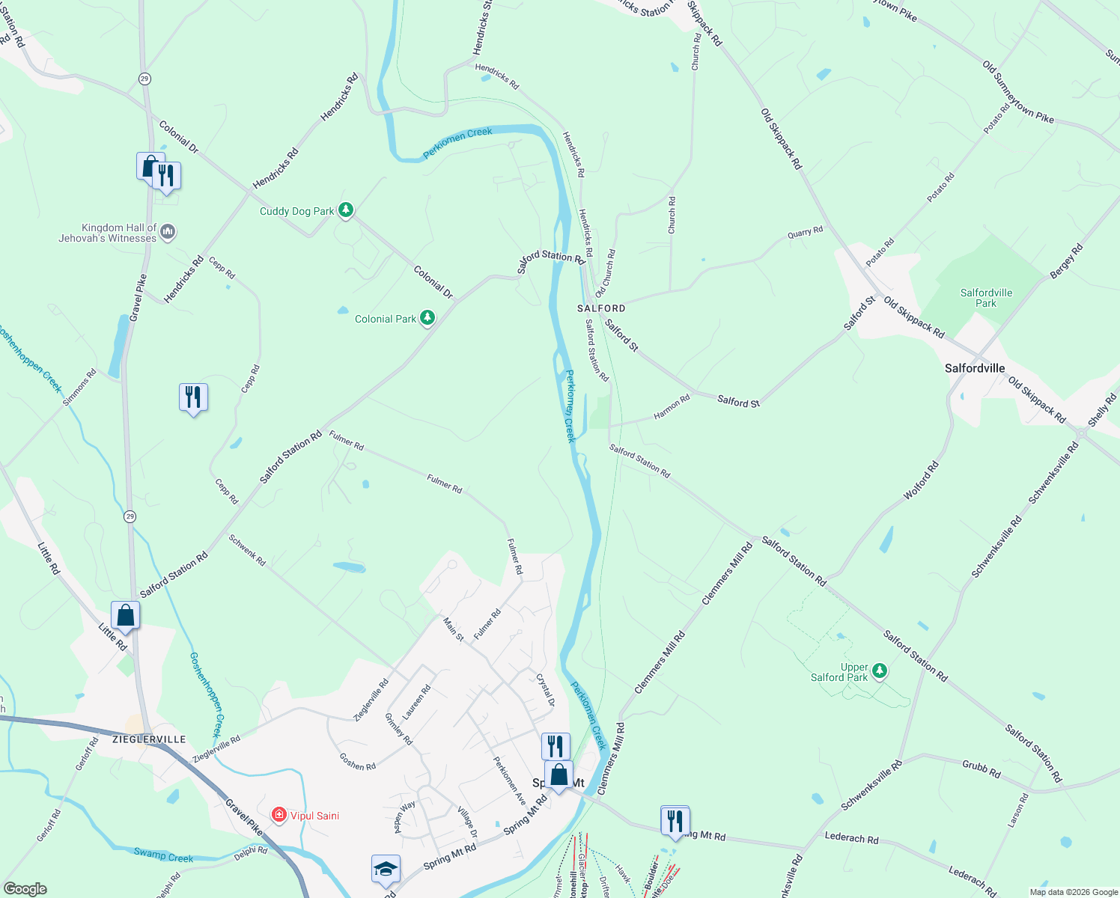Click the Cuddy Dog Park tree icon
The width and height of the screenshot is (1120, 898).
345,210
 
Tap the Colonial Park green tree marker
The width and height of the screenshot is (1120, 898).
427,319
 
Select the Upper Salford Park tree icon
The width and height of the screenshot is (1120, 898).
880,671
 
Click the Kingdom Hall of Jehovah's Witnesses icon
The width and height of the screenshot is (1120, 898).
168,232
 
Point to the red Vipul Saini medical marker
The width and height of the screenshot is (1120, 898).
279,815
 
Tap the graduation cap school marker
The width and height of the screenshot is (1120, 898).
386,870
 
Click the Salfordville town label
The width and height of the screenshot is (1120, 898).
974,368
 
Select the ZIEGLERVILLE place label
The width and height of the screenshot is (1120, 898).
149,739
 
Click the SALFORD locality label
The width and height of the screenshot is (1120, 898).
601,308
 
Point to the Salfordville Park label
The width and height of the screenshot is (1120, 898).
986,298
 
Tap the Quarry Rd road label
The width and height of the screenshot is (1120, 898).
805,233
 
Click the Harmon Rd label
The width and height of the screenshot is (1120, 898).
672,407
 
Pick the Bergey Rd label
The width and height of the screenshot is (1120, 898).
1066,262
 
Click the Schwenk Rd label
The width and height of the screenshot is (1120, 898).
247,550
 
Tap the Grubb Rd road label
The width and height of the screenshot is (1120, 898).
981,769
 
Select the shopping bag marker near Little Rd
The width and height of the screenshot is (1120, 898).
125,616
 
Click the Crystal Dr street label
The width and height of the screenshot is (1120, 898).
546,690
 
